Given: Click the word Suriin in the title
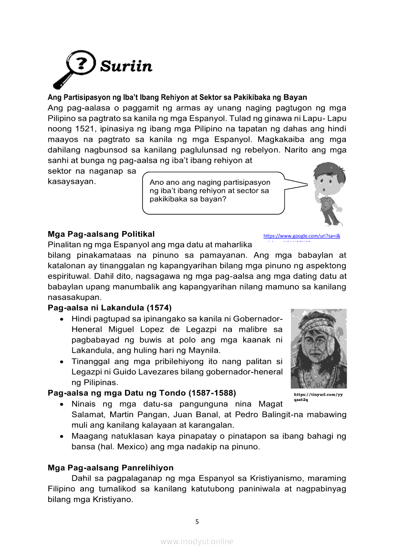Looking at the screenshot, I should (x=126, y=66).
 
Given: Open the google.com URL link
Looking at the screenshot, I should (x=301, y=236).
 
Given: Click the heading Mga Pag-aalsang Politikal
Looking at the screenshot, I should (x=101, y=234).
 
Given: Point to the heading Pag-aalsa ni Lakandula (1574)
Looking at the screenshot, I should (x=110, y=307).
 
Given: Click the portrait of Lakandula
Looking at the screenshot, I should (x=319, y=348).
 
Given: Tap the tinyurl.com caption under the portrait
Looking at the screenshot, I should (x=319, y=397).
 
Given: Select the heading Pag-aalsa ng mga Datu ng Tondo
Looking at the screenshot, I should (x=142, y=393).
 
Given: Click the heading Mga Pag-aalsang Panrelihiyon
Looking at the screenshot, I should (x=111, y=467).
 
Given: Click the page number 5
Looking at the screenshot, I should (x=197, y=522).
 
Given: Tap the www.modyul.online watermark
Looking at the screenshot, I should (x=197, y=541).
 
